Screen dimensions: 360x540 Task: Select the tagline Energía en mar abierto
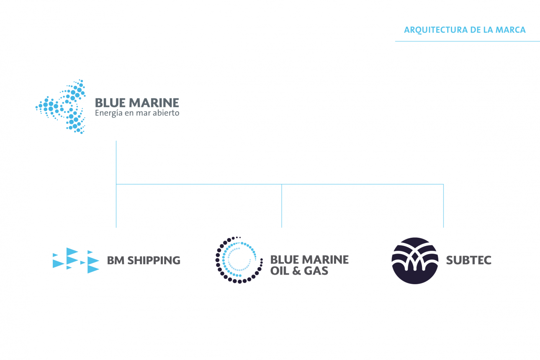click(x=137, y=113)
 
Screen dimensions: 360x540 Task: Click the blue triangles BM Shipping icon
click(x=76, y=260)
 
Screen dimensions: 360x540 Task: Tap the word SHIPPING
click(x=154, y=260)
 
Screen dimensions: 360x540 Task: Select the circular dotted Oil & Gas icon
click(x=239, y=260)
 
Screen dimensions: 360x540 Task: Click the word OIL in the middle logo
click(x=280, y=271)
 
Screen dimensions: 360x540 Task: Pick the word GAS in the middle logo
click(x=316, y=271)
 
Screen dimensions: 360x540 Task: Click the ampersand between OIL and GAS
click(x=297, y=271)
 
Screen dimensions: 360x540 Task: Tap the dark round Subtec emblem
click(x=414, y=260)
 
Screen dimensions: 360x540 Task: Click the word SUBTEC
click(x=468, y=260)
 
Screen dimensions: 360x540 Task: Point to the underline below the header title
click(x=467, y=41)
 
